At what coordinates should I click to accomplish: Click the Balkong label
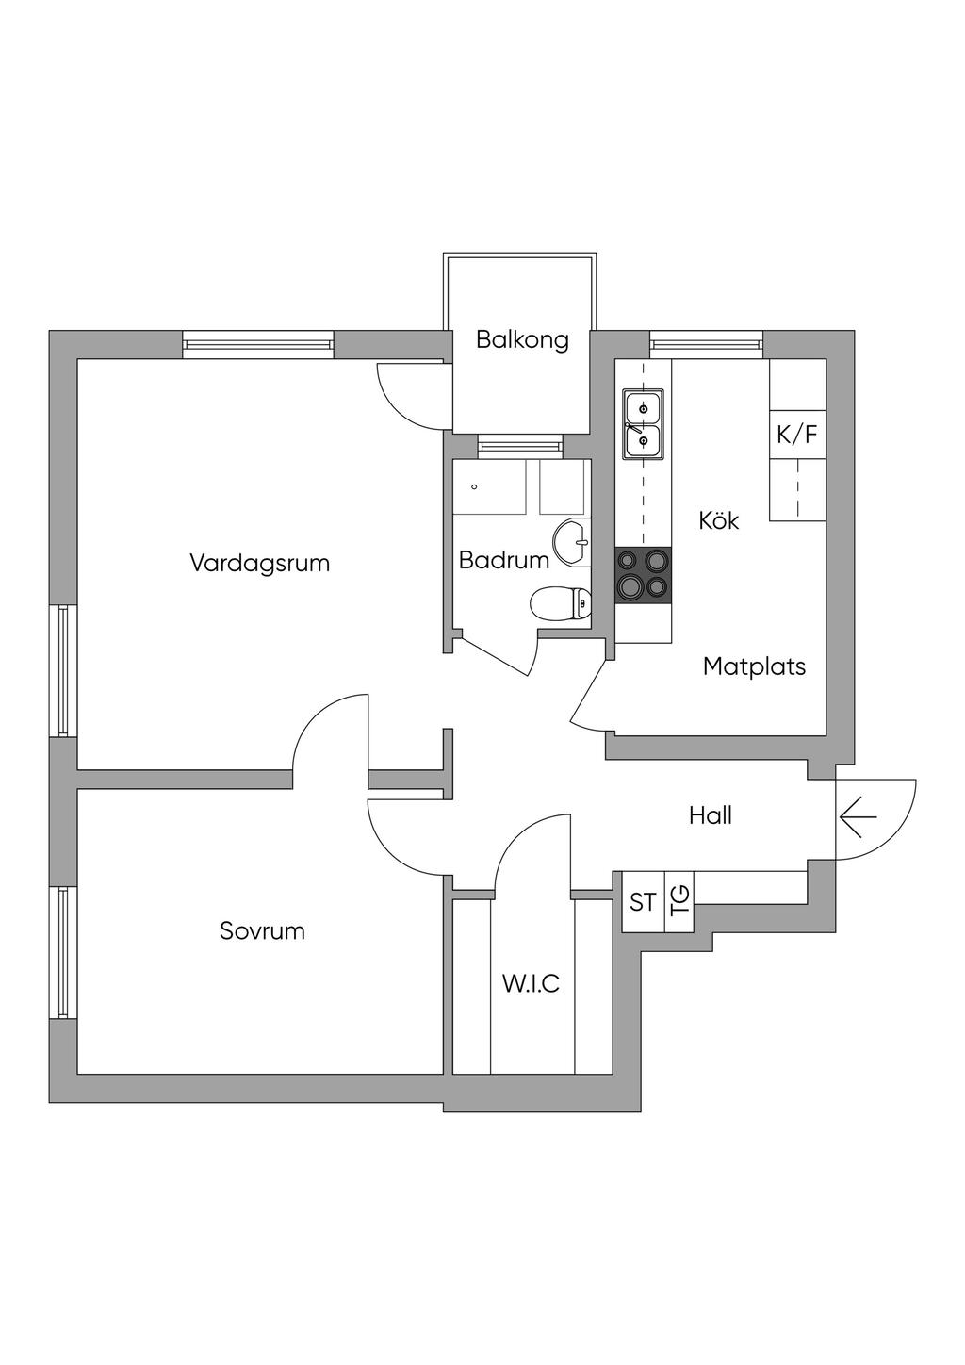[x=522, y=339]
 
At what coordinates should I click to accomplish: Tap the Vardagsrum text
[x=260, y=564]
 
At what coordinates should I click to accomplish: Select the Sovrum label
[x=262, y=931]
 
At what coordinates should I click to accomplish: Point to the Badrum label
[x=503, y=561]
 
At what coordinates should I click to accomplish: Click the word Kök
[x=719, y=520]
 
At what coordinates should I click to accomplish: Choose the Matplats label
[x=754, y=667]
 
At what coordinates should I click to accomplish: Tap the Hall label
[x=711, y=815]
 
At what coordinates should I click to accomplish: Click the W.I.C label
[x=531, y=984]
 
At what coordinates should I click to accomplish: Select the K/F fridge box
[x=797, y=435]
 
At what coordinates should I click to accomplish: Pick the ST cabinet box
[x=643, y=902]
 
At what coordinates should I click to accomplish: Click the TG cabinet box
[x=679, y=902]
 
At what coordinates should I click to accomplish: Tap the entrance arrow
[x=857, y=816]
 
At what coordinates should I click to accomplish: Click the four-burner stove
[x=644, y=575]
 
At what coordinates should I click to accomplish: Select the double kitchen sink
[x=643, y=424]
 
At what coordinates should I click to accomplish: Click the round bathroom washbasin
[x=571, y=542]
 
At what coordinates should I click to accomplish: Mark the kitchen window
[x=706, y=345]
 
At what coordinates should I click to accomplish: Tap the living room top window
[x=258, y=345]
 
